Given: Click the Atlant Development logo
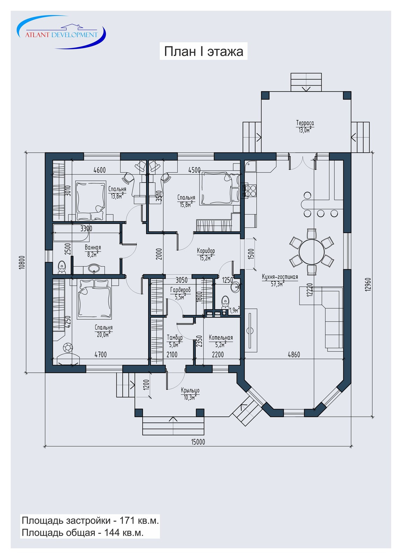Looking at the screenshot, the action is point(61,32).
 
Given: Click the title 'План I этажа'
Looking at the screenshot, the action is point(203,51).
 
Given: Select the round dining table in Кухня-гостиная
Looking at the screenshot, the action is point(311,252).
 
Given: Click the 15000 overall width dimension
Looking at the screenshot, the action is point(198,442).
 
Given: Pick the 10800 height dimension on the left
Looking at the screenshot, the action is point(22,262).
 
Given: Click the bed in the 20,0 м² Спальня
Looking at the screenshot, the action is point(94,299).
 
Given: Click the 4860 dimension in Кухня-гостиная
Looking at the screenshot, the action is point(294,354).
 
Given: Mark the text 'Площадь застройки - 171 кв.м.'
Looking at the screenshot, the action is point(90,521).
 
